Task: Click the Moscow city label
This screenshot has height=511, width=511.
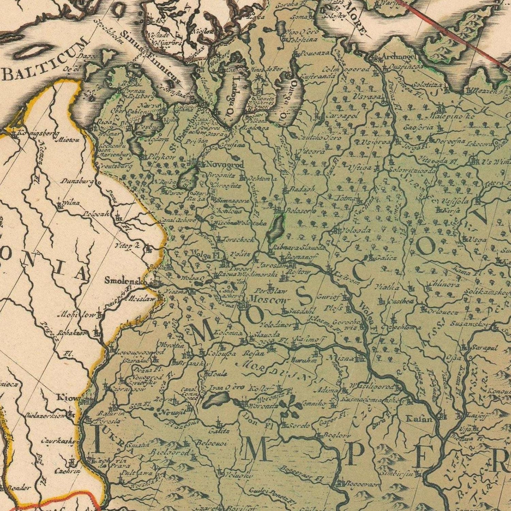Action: tap(269, 299)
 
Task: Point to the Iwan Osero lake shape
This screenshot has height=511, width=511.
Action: tap(216, 399)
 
